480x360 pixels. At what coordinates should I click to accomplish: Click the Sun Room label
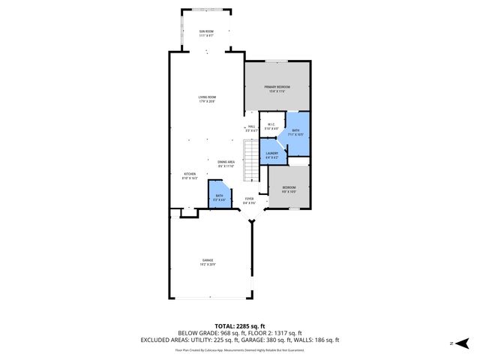click(207, 33)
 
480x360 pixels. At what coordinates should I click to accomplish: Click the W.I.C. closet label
click(271, 127)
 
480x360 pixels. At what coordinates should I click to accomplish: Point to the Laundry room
click(271, 156)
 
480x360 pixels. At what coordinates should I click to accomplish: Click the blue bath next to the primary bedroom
click(297, 133)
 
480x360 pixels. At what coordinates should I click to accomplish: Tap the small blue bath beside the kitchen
click(218, 196)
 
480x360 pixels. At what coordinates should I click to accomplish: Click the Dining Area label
click(226, 164)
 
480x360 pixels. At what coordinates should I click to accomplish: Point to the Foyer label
click(249, 200)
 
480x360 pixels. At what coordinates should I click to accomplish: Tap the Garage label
click(207, 263)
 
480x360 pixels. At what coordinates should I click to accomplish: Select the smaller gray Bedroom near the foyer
click(289, 189)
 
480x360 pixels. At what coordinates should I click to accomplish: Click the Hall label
click(251, 128)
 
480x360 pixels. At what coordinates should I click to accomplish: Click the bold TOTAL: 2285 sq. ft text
click(239, 326)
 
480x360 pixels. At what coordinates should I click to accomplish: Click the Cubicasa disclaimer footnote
click(239, 349)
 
